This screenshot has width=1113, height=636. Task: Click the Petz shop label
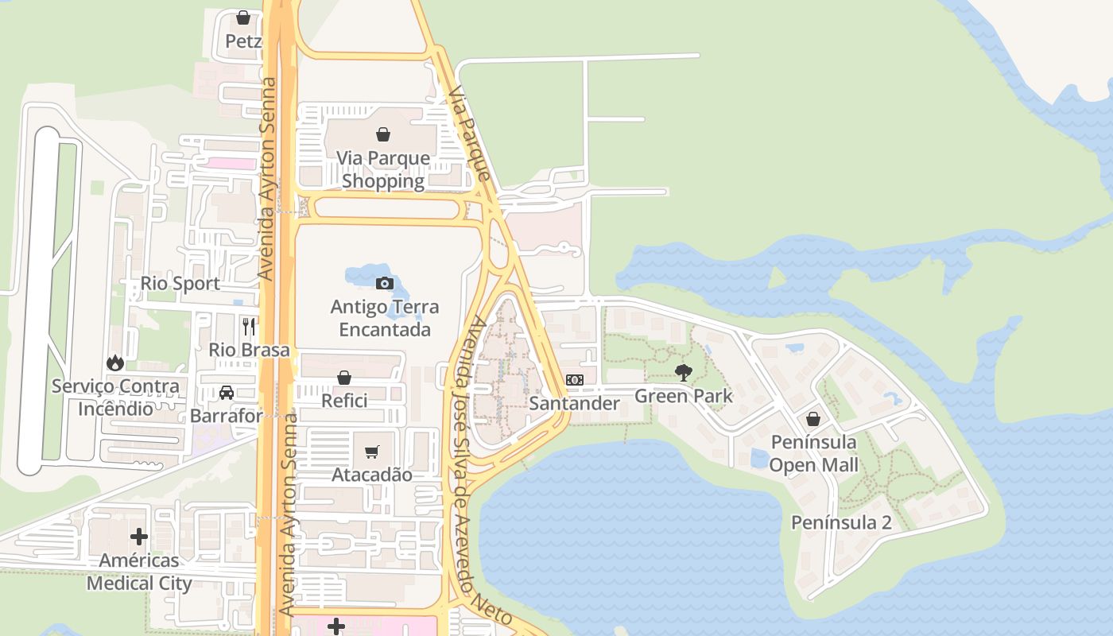point(243,41)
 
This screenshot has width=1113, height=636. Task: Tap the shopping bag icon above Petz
point(243,17)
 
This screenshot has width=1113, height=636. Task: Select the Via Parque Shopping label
point(383,169)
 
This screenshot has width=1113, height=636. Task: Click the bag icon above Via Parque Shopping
point(383,134)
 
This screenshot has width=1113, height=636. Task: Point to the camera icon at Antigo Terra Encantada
point(384,283)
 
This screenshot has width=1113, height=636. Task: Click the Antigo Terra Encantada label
point(384,318)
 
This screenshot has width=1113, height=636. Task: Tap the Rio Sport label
point(180,284)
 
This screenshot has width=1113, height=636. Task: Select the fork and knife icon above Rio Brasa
point(249,326)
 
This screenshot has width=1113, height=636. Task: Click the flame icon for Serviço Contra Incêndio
point(115,363)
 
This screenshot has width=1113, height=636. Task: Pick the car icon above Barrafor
point(227,392)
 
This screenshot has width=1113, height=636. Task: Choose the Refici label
point(344,401)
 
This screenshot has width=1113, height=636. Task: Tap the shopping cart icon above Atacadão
point(371,452)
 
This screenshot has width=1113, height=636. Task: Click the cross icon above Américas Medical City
point(139,537)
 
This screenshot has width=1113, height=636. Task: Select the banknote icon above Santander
point(575,380)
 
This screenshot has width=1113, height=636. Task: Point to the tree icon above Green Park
point(683,372)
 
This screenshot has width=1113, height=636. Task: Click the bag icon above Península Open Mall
point(813,418)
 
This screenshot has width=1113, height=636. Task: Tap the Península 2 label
point(841,522)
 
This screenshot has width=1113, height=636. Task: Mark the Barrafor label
point(226,416)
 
